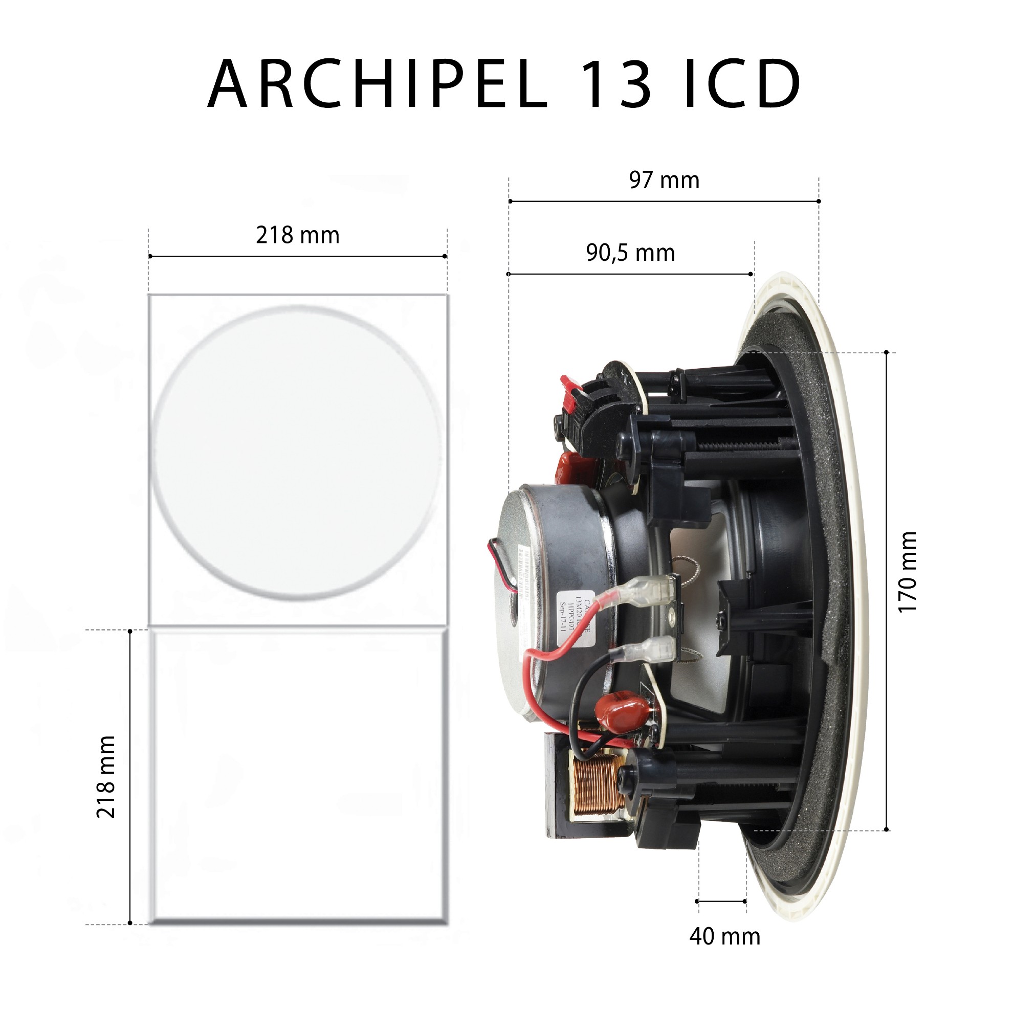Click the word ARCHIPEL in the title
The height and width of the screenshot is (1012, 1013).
[378, 84]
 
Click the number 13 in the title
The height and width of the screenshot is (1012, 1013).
[615, 84]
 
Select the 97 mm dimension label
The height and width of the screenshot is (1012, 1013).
[664, 181]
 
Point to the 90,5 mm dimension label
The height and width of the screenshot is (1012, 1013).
[630, 253]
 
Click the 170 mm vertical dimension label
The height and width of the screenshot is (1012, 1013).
[907, 572]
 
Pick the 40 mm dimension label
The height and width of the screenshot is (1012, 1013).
[724, 936]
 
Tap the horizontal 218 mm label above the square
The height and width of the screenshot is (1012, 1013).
[297, 235]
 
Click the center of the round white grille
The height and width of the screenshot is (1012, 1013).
[297, 452]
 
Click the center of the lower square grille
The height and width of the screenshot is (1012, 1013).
[298, 777]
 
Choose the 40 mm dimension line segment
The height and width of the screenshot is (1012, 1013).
[721, 902]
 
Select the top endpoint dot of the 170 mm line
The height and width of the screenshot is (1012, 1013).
[886, 353]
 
